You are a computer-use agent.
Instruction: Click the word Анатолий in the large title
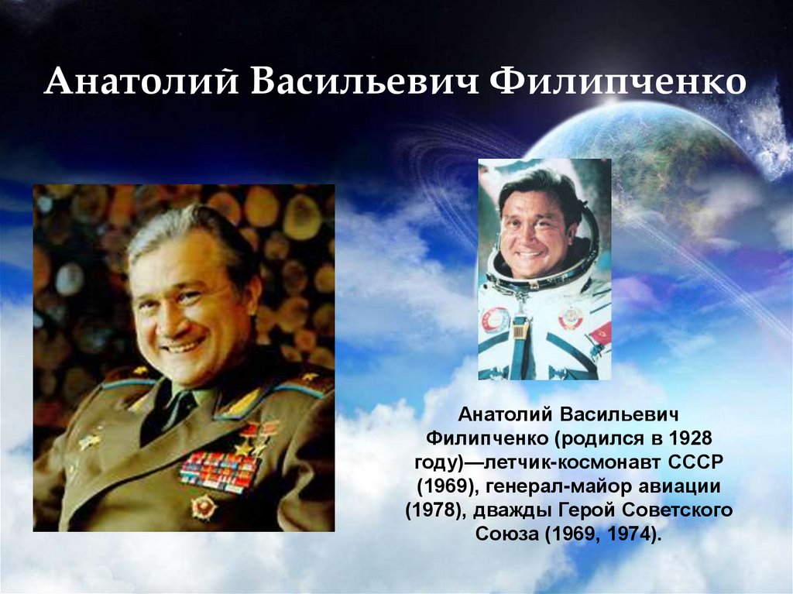click(141, 81)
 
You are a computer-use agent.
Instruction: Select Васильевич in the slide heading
click(364, 81)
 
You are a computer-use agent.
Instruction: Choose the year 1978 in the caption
click(435, 510)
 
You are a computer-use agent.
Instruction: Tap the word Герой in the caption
click(587, 510)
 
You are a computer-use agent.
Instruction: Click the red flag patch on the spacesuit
click(602, 334)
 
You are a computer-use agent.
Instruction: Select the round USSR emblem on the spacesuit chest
click(570, 318)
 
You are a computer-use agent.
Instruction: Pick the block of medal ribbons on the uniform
click(218, 472)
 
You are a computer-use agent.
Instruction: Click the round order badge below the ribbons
click(204, 507)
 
